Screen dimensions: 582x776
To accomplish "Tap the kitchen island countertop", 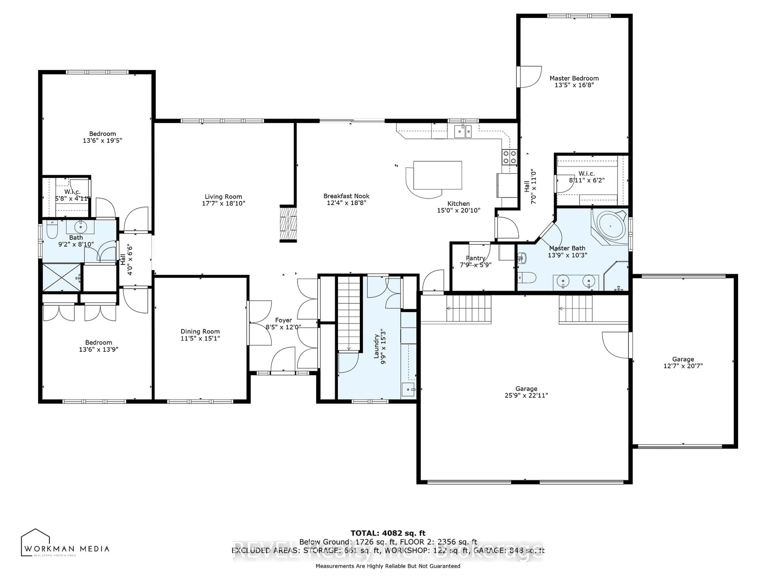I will tap(438, 175).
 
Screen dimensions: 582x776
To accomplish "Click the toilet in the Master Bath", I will tap(527, 278).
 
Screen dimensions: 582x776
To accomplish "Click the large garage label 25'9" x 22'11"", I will tap(526, 395).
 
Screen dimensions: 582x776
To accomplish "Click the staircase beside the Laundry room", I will tap(349, 312).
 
